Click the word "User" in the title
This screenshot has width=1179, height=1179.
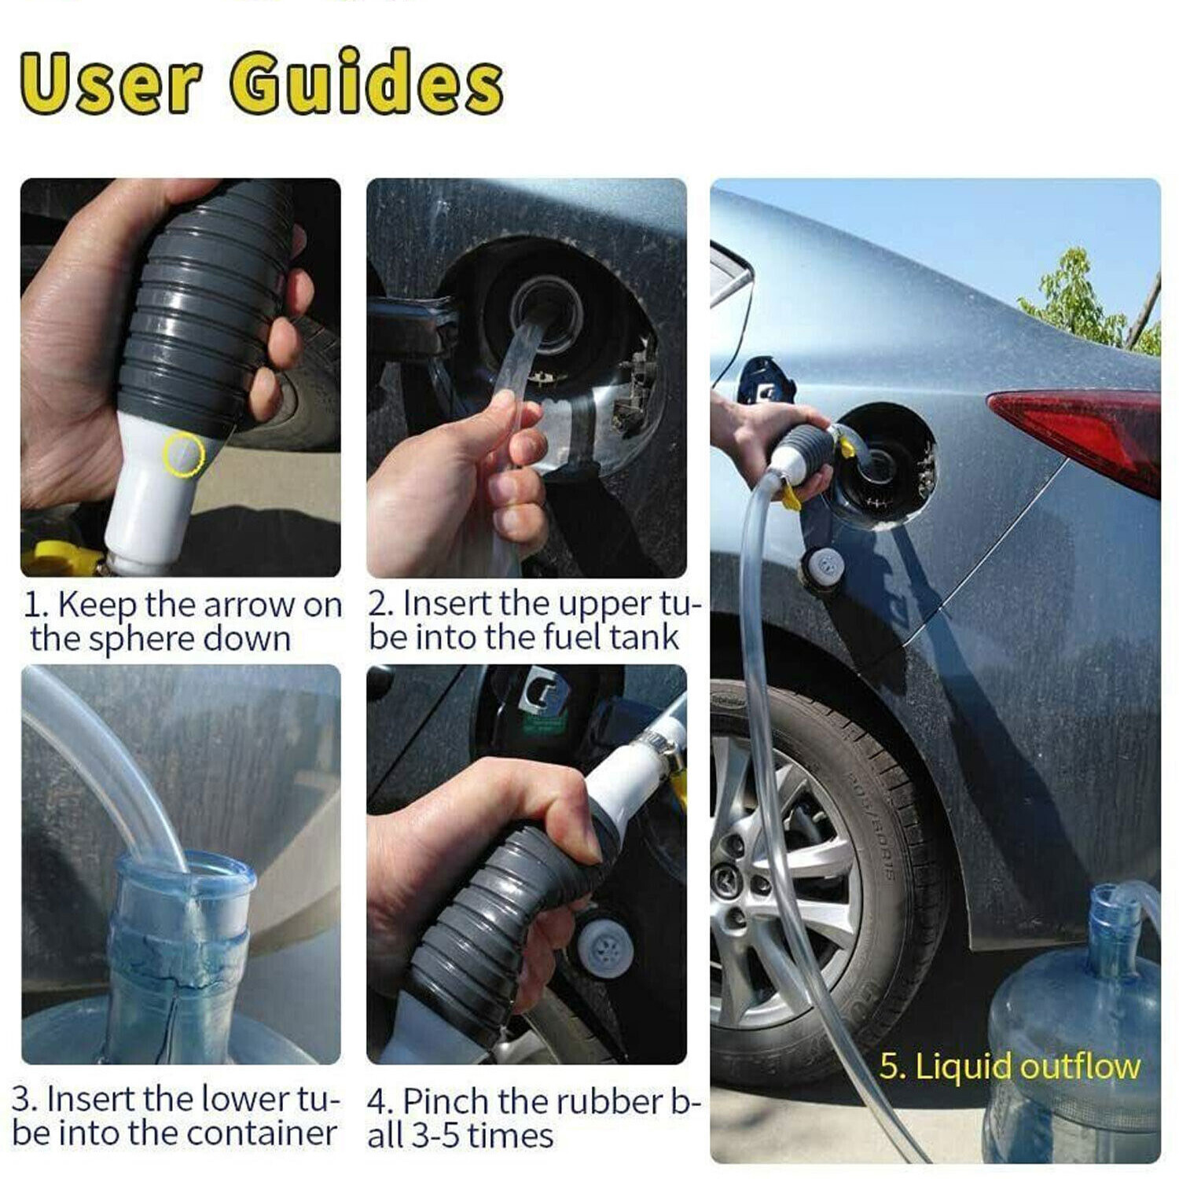110,83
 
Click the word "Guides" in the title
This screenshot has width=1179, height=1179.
365,83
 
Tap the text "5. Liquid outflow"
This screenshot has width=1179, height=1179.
1008,1067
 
